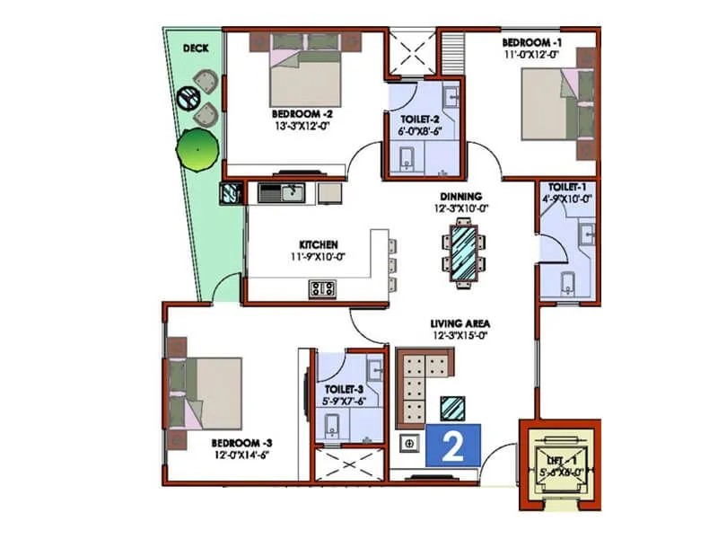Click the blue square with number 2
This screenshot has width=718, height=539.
click(454, 445)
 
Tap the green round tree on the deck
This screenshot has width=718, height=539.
click(197, 149)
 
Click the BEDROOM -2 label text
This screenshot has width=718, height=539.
click(303, 114)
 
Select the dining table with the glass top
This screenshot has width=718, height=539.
click(463, 252)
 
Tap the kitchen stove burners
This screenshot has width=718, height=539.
click(322, 288)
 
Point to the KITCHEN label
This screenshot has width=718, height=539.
click(319, 243)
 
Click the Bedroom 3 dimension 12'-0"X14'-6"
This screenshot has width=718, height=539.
click(241, 455)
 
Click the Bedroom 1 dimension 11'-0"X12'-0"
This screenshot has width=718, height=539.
click(533, 54)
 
